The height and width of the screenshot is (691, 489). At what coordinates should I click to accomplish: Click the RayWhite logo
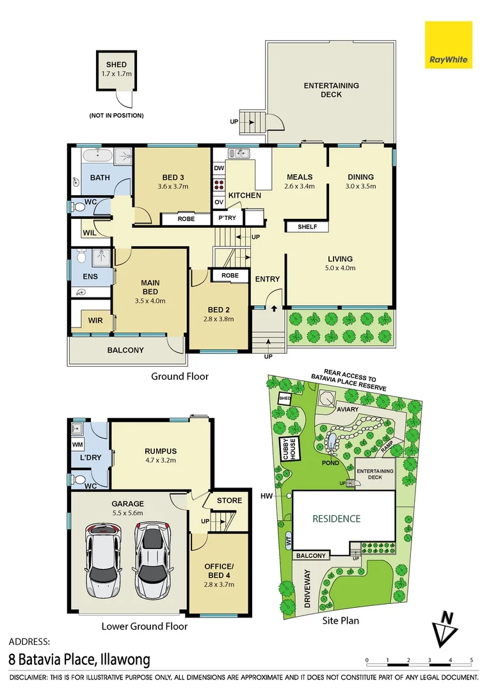[449, 45]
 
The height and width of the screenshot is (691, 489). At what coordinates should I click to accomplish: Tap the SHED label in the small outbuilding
[116, 65]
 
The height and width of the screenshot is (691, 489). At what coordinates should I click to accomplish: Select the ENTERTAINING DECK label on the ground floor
[331, 90]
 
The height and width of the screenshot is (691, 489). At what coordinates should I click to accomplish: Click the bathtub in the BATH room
[98, 156]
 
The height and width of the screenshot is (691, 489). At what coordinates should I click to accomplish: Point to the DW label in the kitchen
[219, 168]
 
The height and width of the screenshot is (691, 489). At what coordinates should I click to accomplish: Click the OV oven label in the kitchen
[219, 202]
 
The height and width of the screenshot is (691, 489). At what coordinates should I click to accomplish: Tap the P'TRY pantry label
[227, 218]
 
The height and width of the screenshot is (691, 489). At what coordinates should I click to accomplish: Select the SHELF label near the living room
[307, 226]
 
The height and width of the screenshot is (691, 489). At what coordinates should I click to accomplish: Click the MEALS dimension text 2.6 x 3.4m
[300, 186]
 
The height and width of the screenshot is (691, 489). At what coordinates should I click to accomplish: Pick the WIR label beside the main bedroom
[95, 321]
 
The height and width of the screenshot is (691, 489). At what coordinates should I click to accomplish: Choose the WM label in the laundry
[77, 445]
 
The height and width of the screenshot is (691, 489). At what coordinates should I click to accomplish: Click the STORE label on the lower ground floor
[229, 500]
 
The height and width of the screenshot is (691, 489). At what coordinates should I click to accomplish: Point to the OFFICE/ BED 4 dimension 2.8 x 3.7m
[219, 584]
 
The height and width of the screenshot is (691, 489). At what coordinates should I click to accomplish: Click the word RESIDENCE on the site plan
[337, 519]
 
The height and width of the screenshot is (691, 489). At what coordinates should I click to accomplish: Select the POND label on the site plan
[330, 463]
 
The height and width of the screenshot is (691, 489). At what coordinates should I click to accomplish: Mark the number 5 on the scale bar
[471, 660]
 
